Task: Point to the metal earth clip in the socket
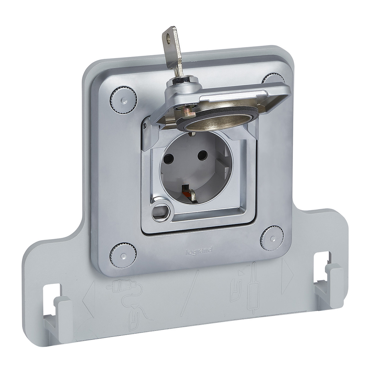tap(189, 194)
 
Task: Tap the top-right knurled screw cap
tap(273, 79)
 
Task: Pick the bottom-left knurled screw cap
tap(123, 256)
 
